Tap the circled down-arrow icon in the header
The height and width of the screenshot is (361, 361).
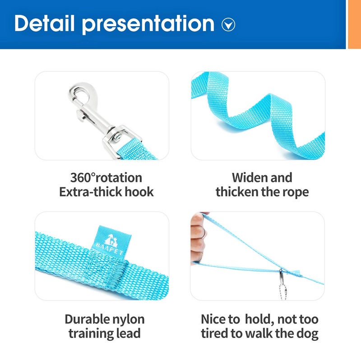coord(228,25)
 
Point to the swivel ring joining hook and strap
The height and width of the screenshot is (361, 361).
coord(114,135)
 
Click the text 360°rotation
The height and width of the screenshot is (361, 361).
coord(106,177)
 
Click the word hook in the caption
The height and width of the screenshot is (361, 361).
coord(139,192)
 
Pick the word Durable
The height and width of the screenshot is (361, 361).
coord(87,319)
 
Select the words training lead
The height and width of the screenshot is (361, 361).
coord(104,334)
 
